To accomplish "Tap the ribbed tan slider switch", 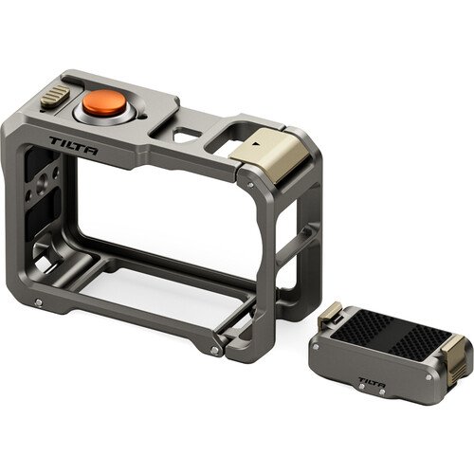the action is [55, 97].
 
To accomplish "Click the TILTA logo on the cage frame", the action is [73, 145].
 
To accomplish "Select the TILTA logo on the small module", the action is [372, 381].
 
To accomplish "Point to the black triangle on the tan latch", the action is [256, 143].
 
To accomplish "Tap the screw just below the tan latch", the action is [250, 185].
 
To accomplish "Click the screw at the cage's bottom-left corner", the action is [39, 302].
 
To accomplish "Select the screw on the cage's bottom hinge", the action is [214, 350].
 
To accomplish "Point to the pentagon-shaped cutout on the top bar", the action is [187, 134].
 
